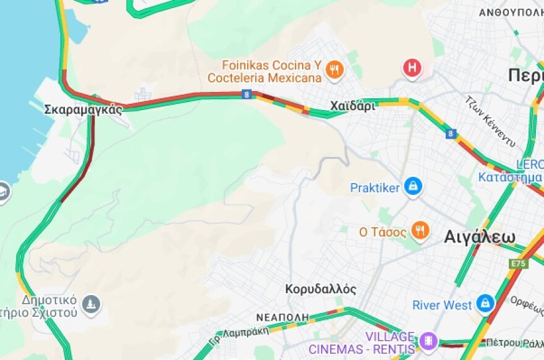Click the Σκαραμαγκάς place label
pyautogui.click(x=83, y=109)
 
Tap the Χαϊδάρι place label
pyautogui.click(x=352, y=106)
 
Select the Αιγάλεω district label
pyautogui.click(x=479, y=237)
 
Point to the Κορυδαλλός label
pyautogui.click(x=320, y=289)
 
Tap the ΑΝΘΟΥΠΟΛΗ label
pyautogui.click(x=511, y=12)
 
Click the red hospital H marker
pyautogui.click(x=412, y=67)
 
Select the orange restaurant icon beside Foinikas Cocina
pyautogui.click(x=335, y=70)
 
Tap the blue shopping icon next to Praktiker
pyautogui.click(x=412, y=186)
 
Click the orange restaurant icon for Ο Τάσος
pyautogui.click(x=420, y=231)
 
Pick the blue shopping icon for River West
pyautogui.click(x=485, y=303)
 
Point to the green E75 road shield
pyautogui.click(x=518, y=264)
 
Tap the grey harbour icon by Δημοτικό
pyautogui.click(x=91, y=304)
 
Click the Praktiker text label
pyautogui.click(x=375, y=187)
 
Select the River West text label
pyautogui.click(x=442, y=305)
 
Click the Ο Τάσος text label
pyautogui.click(x=383, y=233)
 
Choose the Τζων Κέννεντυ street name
pyautogui.click(x=490, y=121)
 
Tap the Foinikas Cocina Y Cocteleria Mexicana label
pyautogui.click(x=265, y=71)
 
